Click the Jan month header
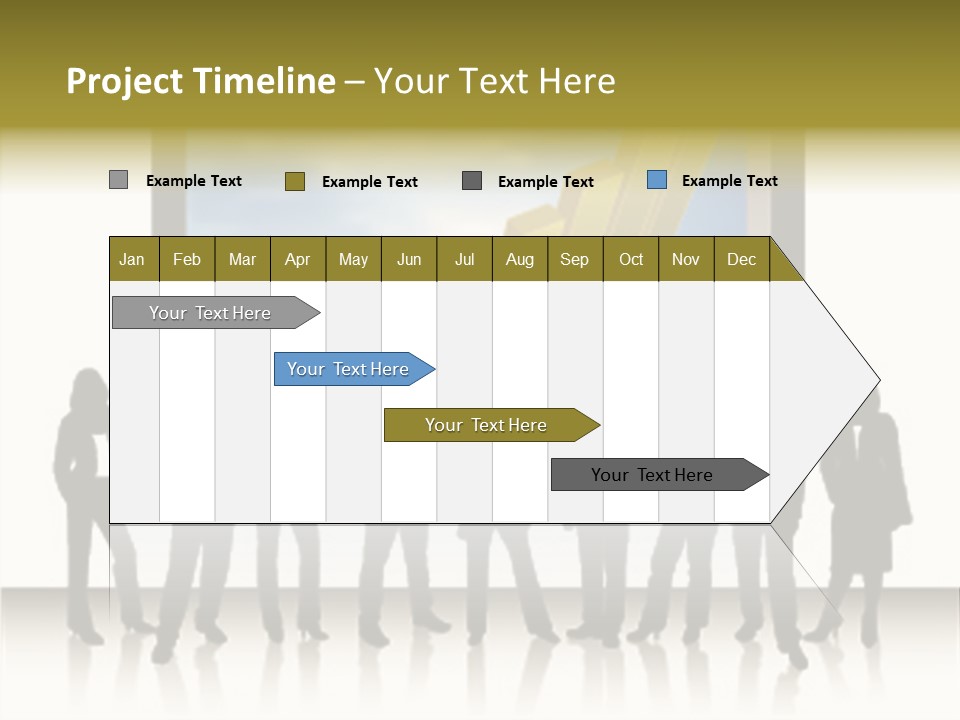point(133,259)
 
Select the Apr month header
point(298,259)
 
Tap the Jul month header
point(464,259)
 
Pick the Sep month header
point(575,259)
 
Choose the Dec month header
point(741,259)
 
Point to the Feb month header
point(187,259)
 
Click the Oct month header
point(631,259)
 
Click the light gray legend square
point(118,180)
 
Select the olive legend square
point(294,181)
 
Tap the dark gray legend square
point(472,181)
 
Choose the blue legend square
point(656,180)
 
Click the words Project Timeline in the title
point(200,81)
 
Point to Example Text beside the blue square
point(729,181)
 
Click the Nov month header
point(686,259)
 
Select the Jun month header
point(409,259)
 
